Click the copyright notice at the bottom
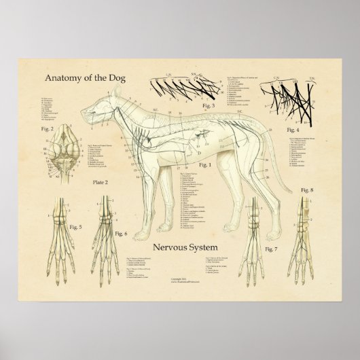tap(181, 283)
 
